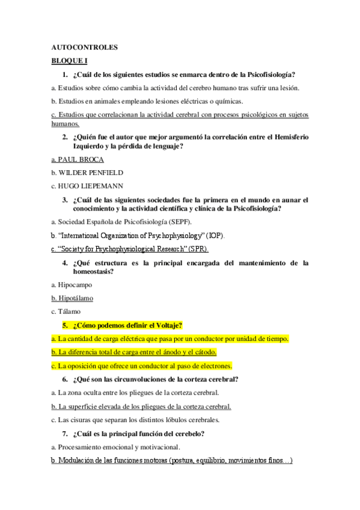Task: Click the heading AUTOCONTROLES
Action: tap(84, 48)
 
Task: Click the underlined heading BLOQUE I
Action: tap(70, 61)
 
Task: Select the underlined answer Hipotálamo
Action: tap(75, 298)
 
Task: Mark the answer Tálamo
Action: tap(69, 311)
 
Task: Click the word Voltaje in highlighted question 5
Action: tap(163, 325)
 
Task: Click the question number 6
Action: tap(65, 379)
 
